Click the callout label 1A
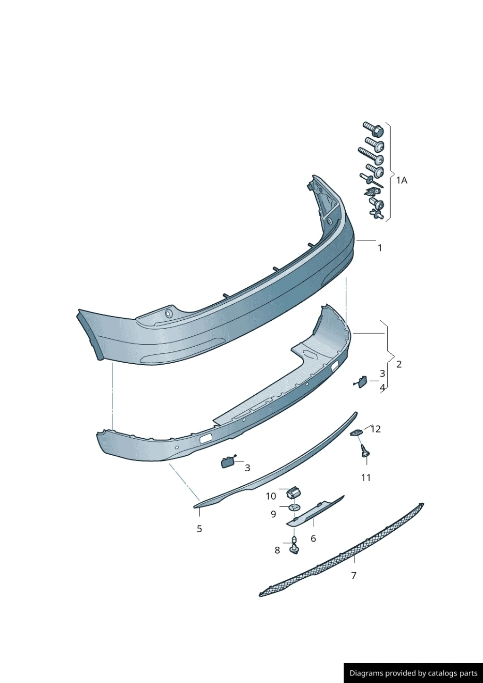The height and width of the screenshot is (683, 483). tap(401, 181)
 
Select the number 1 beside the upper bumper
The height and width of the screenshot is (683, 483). tap(380, 248)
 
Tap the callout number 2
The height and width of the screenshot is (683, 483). tap(399, 364)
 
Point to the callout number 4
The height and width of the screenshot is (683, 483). tap(383, 388)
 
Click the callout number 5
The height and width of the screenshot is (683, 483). tap(199, 529)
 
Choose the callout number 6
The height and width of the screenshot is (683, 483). tap(313, 539)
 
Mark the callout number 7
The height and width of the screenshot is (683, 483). tap(354, 575)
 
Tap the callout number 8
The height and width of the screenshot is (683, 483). tap(277, 550)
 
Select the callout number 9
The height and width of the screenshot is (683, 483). tap(273, 515)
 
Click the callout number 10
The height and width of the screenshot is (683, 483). tap(271, 496)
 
